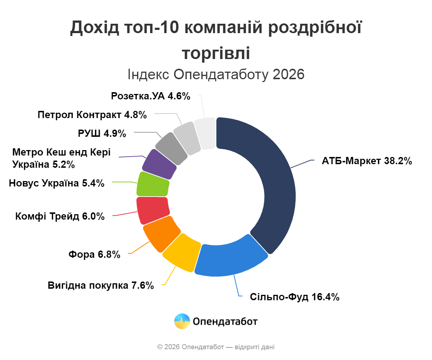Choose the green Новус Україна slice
[x=153, y=184]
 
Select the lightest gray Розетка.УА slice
[x=205, y=134]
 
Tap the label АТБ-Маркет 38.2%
[x=367, y=161]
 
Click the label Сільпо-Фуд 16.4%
[x=295, y=297]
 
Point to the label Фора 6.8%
[x=94, y=255]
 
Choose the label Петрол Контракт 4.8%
[x=92, y=115]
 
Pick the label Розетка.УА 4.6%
[x=150, y=96]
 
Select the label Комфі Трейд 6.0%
[x=60, y=216]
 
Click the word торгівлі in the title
[x=216, y=53]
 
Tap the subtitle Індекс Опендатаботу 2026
[x=216, y=75]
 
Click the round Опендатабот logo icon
[x=182, y=321]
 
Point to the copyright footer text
[x=216, y=347]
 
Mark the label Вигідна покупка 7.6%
[x=101, y=286]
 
